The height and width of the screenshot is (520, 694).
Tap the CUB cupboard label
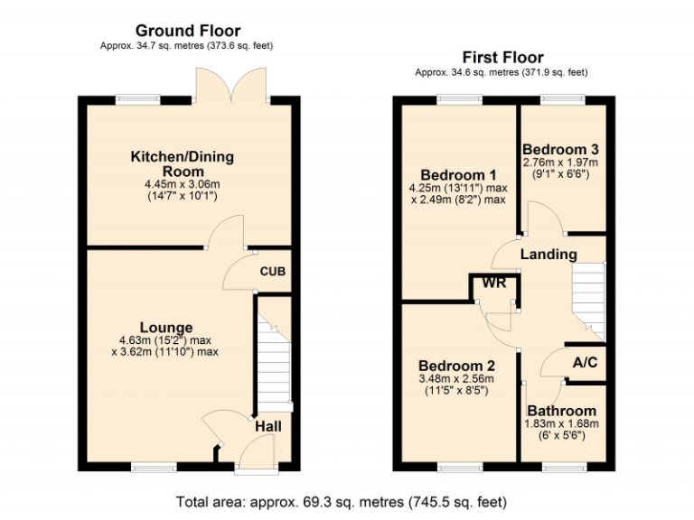pos(272,272)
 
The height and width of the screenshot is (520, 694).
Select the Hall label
pos(267,425)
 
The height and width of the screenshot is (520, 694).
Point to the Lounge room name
pos(165,327)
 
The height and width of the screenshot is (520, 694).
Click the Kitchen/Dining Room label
pos(182,163)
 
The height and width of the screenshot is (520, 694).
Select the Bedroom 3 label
pos(560,149)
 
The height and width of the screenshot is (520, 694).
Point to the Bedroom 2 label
pos(456,366)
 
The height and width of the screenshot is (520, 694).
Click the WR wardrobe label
pos(493,283)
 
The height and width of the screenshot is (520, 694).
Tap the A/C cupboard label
pos(585,362)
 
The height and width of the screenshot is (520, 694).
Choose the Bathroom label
pos(562,410)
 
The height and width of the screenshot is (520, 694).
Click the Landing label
pos(549,255)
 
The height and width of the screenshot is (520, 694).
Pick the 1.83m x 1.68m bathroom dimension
pos(562,423)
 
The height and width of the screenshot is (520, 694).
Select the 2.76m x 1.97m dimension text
pos(560,162)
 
